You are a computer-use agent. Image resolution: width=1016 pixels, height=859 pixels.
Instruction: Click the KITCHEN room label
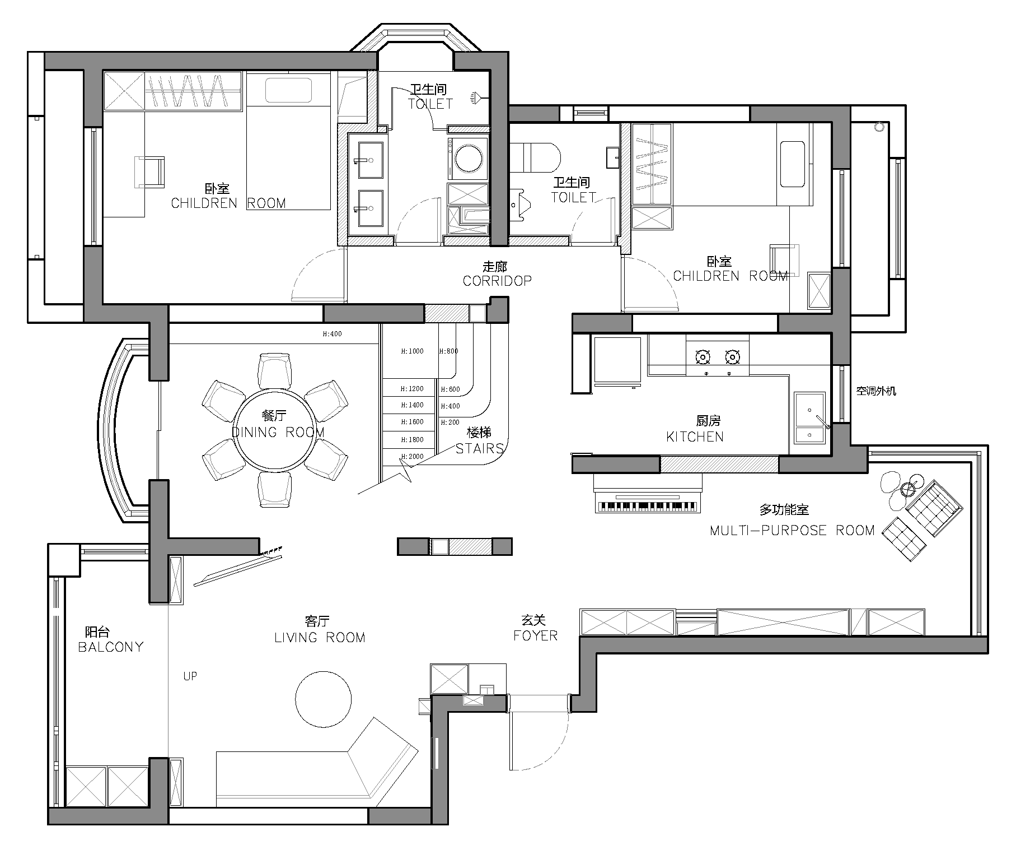tap(695, 437)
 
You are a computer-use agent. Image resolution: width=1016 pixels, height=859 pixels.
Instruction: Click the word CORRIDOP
tap(497, 281)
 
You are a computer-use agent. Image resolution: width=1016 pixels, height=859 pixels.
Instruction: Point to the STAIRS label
tap(480, 448)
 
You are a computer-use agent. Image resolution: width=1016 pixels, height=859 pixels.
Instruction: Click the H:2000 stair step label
tap(413, 457)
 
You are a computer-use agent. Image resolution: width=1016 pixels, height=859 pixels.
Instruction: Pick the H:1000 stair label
tap(413, 351)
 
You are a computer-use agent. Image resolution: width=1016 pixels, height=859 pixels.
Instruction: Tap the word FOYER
tap(536, 635)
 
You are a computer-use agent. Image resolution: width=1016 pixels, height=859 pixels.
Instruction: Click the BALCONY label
tap(111, 647)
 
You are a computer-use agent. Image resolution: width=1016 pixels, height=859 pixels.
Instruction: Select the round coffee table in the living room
tap(324, 699)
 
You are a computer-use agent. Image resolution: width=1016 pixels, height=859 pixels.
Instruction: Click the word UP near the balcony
tap(190, 676)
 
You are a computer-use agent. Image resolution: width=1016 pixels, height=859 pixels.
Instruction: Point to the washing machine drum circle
tap(469, 159)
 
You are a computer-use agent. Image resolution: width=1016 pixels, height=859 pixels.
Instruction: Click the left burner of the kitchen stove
tap(703, 356)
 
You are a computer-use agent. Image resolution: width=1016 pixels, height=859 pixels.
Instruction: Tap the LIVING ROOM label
tap(320, 638)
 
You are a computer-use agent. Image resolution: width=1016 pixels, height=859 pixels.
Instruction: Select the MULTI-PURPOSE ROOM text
tap(792, 530)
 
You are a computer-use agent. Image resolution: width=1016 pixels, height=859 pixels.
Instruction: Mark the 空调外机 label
tap(876, 391)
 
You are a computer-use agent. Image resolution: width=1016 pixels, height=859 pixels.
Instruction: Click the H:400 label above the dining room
tap(332, 334)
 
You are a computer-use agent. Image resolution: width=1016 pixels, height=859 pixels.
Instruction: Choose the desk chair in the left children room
tap(150, 172)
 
